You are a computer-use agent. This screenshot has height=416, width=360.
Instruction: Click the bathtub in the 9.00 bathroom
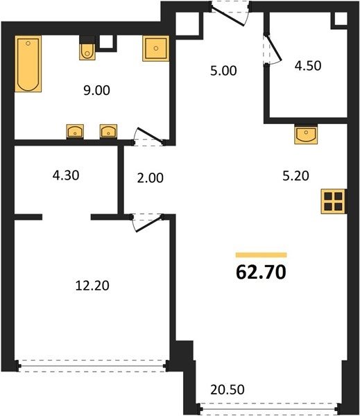pos(28,64)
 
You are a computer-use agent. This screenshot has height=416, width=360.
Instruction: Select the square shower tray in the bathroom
pos(156,49)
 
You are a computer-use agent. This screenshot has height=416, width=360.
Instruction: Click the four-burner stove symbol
pos(334,201)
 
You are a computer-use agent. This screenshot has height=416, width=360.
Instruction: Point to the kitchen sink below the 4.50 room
pos(306,135)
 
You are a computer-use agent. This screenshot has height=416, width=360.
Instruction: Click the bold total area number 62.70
pos(261,272)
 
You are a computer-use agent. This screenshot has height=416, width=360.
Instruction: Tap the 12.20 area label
pos(92,286)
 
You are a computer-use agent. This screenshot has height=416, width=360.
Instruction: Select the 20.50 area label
pos(228,390)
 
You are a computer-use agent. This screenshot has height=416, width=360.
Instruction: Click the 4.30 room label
pos(66,175)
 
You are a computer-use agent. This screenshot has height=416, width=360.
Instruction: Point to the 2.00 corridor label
pos(151,178)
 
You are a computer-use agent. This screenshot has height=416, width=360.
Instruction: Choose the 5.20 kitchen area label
pos(295,176)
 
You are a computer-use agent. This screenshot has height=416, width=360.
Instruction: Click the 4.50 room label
pos(308,66)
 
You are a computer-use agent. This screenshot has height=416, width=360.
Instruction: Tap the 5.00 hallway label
pos(223,71)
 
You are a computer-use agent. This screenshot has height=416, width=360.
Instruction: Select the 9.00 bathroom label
pos(96,90)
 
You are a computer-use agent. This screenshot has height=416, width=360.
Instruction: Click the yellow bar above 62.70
pos(262,255)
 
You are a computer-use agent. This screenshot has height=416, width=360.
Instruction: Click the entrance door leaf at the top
pos(228,17)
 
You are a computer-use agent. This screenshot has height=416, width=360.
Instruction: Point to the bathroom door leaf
pos(149,135)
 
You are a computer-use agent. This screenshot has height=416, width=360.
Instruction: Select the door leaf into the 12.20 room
pos(148,225)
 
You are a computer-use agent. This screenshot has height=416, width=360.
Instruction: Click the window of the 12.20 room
pos(92,366)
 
